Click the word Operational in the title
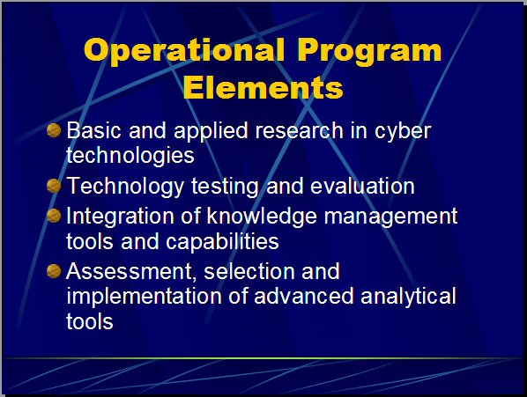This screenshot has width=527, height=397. [x=184, y=51]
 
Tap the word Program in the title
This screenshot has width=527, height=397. [x=369, y=51]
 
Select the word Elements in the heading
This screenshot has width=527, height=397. [x=263, y=88]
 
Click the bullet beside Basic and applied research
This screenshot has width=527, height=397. [x=54, y=130]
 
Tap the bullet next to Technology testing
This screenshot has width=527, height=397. [x=54, y=186]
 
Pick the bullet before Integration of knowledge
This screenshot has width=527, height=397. [x=54, y=216]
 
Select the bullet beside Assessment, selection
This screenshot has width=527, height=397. [x=54, y=271]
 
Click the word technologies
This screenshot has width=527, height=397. [x=130, y=156]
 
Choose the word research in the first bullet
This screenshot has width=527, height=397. [x=299, y=130]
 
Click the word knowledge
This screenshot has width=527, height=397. [x=262, y=217]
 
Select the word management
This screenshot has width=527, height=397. [x=390, y=217]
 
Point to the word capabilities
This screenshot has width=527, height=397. [x=222, y=241]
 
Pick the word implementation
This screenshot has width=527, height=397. [x=144, y=297]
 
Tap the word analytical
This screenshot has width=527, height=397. [x=408, y=297]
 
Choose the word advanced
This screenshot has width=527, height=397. [x=303, y=296]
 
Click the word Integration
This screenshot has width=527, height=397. [x=120, y=217]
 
